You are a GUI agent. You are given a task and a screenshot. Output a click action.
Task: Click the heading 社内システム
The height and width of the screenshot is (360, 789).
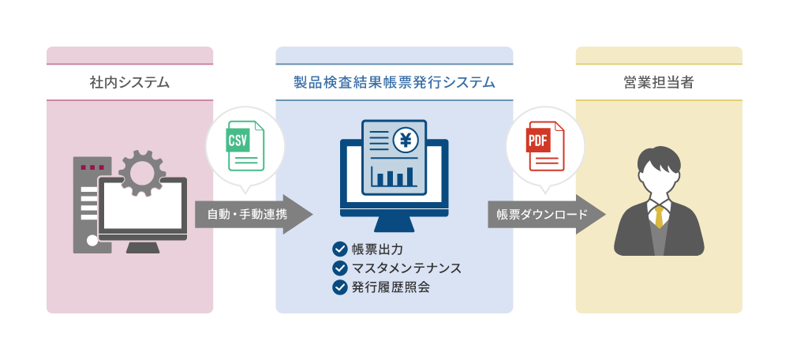(129, 83)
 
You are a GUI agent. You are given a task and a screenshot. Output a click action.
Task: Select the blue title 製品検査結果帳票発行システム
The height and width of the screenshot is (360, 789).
(394, 83)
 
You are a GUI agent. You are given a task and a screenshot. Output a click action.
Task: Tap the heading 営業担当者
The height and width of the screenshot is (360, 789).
(659, 83)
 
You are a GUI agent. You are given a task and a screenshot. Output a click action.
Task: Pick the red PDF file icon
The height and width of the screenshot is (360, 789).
(545, 145)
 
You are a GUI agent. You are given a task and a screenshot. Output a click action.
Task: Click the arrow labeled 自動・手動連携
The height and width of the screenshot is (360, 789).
(253, 215)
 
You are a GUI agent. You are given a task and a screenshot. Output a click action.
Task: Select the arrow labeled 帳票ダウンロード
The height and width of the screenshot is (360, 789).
(547, 215)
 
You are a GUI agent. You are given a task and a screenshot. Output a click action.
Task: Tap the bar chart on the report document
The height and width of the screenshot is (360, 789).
(394, 176)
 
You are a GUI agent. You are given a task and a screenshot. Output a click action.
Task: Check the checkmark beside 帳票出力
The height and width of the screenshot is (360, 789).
(340, 249)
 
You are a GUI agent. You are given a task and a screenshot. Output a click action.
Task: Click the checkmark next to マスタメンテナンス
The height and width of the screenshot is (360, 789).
(340, 268)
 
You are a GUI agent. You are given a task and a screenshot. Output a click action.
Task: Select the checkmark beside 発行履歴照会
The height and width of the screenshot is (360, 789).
(340, 287)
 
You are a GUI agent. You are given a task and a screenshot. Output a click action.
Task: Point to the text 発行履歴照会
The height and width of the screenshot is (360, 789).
(391, 287)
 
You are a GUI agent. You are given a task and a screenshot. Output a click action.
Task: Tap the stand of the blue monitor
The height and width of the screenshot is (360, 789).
(394, 225)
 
